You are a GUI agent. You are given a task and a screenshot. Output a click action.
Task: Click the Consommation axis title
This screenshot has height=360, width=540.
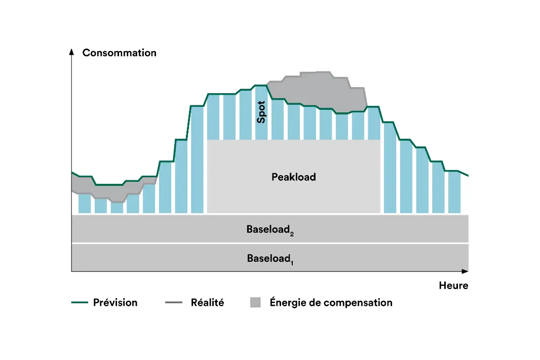[x=119, y=53]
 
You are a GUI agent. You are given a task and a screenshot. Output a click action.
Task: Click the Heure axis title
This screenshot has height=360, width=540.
[x=453, y=286]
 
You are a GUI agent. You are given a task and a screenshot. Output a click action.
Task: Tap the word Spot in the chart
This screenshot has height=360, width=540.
[x=261, y=112]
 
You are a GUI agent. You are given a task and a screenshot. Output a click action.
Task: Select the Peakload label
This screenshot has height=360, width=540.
[x=293, y=177]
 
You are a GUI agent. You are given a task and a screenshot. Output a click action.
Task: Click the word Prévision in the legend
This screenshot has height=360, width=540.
[x=115, y=303]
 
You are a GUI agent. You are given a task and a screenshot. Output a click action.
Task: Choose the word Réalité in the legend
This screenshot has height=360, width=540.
[x=207, y=303]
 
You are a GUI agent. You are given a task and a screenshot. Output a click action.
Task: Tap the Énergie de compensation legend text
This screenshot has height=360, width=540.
[x=331, y=303]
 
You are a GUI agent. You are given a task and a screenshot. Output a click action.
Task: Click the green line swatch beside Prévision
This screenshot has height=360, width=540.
[x=80, y=303]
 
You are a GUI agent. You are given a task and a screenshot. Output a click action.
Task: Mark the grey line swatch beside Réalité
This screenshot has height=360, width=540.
[x=174, y=303]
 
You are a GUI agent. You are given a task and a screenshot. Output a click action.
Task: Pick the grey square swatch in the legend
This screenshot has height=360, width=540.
[x=255, y=303]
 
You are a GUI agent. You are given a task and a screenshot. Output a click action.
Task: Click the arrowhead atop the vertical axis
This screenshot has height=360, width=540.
[x=72, y=52]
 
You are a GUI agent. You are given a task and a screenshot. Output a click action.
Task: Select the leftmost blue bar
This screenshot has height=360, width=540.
[x=85, y=204]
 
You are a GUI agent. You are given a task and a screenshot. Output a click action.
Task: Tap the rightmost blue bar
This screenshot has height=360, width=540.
[x=454, y=192]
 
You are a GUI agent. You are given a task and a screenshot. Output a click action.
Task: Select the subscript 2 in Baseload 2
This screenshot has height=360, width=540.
[x=292, y=233]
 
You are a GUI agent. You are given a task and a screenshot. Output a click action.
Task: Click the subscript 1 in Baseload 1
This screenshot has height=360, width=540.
[x=292, y=262]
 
